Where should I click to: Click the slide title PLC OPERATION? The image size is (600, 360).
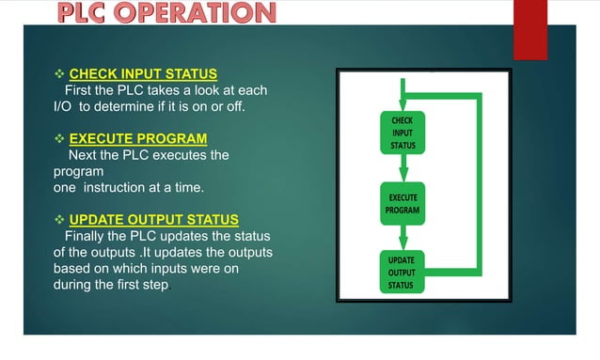168,13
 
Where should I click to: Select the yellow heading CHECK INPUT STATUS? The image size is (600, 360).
143,73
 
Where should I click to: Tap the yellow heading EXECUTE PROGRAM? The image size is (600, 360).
138,139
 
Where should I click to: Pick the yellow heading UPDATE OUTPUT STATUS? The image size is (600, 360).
153,220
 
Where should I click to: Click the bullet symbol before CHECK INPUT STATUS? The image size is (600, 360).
60,73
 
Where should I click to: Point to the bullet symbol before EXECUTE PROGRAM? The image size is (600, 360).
60,139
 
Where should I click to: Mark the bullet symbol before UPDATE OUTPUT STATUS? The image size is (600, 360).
60,220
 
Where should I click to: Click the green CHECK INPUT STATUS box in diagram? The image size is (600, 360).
403,133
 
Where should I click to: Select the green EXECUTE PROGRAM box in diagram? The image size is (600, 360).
403,204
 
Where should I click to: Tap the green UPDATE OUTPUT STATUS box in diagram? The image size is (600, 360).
403,272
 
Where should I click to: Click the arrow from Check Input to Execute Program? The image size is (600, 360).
403,167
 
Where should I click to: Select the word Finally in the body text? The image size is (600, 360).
87,237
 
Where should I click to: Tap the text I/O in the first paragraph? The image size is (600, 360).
63,106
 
